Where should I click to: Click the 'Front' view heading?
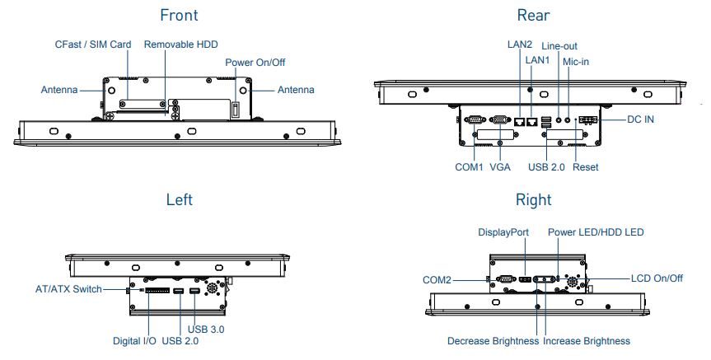click(x=179, y=15)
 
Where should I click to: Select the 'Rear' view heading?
click(x=533, y=15)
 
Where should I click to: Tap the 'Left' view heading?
click(x=179, y=199)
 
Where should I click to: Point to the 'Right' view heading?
click(x=533, y=199)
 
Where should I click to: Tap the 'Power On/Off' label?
click(x=255, y=63)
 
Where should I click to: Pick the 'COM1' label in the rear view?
click(x=470, y=166)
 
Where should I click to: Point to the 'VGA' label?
click(x=500, y=166)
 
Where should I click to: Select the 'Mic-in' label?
click(x=576, y=62)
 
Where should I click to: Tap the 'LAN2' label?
click(x=520, y=45)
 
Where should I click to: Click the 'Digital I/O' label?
click(x=134, y=340)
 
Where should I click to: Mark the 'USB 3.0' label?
click(x=206, y=329)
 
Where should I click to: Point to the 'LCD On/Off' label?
click(x=657, y=278)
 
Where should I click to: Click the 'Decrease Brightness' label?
click(x=493, y=340)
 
